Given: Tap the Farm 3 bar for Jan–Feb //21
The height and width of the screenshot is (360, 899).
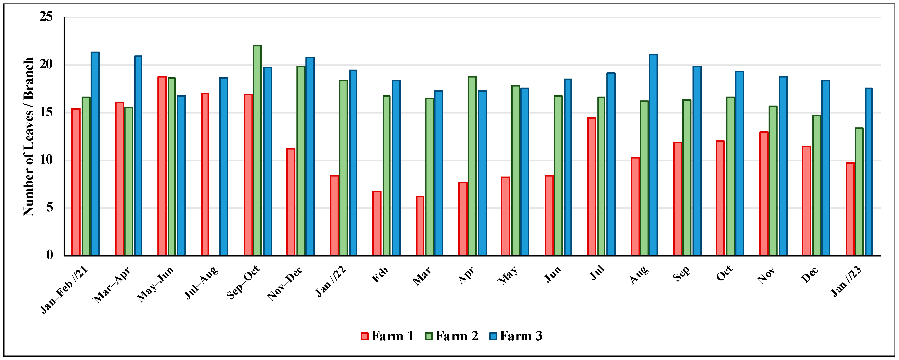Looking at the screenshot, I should point(95,154).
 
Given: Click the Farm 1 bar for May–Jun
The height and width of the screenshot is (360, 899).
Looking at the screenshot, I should point(162,166).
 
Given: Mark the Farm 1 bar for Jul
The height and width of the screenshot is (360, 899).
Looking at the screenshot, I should point(591,187).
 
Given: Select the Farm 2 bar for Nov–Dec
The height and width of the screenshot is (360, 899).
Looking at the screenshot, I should point(301,161).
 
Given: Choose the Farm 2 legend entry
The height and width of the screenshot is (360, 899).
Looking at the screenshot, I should point(451,336).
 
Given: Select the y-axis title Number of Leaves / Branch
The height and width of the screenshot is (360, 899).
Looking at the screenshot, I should point(29,136).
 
